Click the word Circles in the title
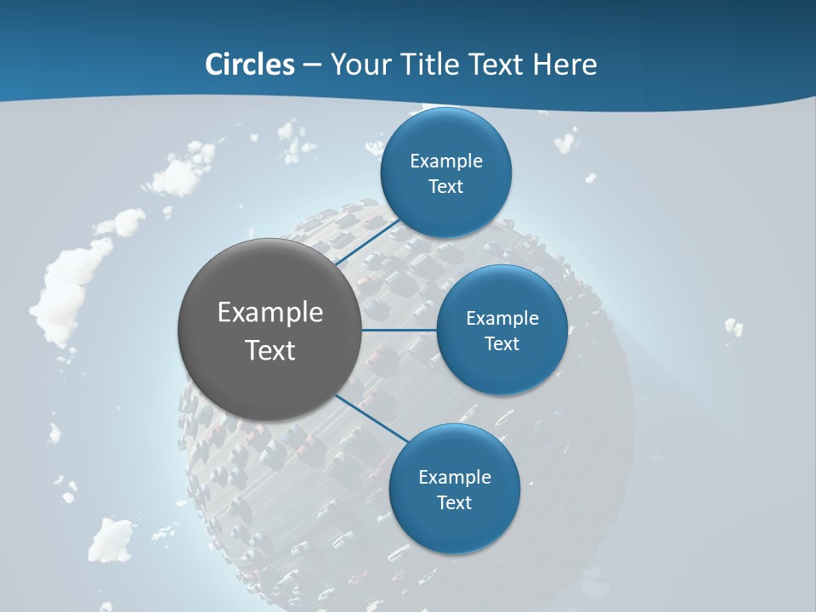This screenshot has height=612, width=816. coord(249,65)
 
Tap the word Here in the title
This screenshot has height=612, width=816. coord(564,65)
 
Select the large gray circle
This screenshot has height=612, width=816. coord(269,329)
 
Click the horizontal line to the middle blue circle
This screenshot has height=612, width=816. coord(399,330)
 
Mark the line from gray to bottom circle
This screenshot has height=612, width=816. coord(372,417)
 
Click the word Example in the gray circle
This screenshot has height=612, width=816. coord(269,313)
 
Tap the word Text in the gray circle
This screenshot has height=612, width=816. coord(269,350)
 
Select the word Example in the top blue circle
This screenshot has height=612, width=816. coord(446,161)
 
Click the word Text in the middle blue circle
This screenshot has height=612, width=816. coord(501,343)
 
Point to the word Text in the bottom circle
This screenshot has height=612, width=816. coord(454,502)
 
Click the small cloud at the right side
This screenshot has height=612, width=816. coord(733,326)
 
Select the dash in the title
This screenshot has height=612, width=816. coord(311,65)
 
